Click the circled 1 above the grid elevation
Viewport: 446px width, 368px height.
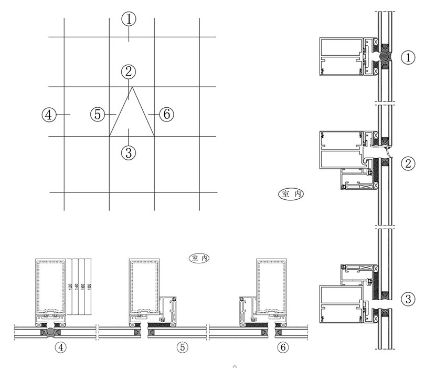coord(129,19)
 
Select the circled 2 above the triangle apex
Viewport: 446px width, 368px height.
coord(129,71)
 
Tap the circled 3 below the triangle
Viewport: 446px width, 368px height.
coord(129,153)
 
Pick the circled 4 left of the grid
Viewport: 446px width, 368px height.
coord(49,114)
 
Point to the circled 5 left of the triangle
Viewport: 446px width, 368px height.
coord(98,114)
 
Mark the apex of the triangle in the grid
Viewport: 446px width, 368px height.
coord(131,87)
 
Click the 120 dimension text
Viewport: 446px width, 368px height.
coord(69,288)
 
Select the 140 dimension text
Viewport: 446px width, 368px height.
coord(76,288)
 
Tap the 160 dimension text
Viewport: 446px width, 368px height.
coord(83,288)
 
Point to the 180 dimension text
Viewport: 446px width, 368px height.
coord(90,288)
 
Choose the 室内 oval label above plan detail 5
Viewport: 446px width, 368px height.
coord(199,258)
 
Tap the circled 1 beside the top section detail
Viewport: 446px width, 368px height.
coord(408,57)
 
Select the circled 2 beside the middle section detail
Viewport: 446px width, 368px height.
coord(408,163)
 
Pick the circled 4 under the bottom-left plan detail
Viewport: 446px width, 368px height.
coord(61,347)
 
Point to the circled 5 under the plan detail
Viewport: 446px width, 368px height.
coord(182,347)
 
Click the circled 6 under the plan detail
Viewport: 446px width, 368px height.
coord(282,347)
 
